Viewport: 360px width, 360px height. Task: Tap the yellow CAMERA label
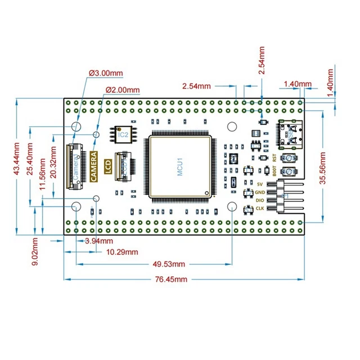(x=94, y=167)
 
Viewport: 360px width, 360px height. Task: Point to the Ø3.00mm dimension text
(x=106, y=73)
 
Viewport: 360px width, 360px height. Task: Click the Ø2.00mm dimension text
(x=123, y=89)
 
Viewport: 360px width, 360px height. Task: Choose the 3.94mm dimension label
(x=93, y=241)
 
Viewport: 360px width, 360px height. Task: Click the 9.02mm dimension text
(x=35, y=251)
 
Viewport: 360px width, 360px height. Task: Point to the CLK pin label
(x=260, y=209)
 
